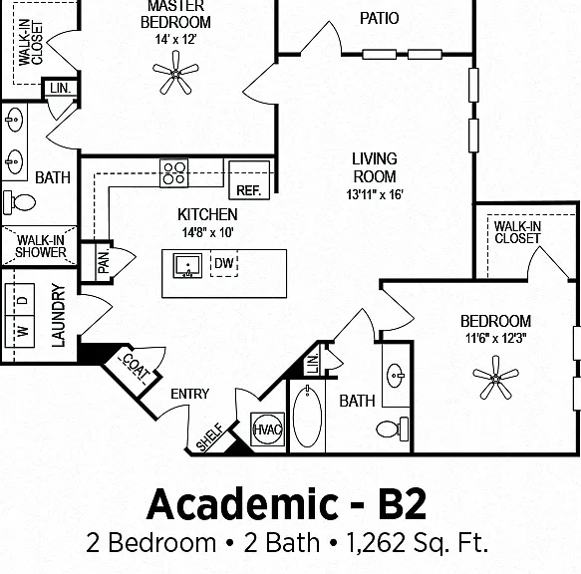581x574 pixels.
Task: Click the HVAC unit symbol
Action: pyautogui.click(x=267, y=430)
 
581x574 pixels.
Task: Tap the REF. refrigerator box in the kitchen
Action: pyautogui.click(x=249, y=180)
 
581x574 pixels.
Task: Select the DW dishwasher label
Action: pyautogui.click(x=224, y=263)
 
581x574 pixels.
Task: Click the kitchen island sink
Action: pyautogui.click(x=188, y=266)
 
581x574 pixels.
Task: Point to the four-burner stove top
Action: pyautogui.click(x=174, y=173)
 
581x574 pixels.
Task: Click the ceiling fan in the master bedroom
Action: pyautogui.click(x=175, y=73)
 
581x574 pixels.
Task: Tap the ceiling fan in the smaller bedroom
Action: pyautogui.click(x=495, y=378)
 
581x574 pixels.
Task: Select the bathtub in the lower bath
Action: pyautogui.click(x=307, y=417)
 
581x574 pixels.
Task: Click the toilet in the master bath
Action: pyautogui.click(x=19, y=202)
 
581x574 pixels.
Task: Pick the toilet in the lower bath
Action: pyautogui.click(x=393, y=430)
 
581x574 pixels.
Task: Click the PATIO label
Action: pyautogui.click(x=379, y=18)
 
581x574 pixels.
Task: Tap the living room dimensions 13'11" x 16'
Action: pyautogui.click(x=375, y=194)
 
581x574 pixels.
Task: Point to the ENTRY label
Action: pyautogui.click(x=189, y=394)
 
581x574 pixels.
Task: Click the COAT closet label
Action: pyautogui.click(x=136, y=367)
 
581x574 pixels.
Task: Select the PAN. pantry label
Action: pyautogui.click(x=104, y=262)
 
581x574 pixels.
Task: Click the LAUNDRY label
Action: pyautogui.click(x=58, y=315)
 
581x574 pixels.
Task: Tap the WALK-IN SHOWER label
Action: pyautogui.click(x=41, y=246)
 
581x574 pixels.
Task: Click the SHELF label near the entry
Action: pyautogui.click(x=209, y=437)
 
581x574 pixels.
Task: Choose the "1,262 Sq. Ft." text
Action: pyautogui.click(x=417, y=543)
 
